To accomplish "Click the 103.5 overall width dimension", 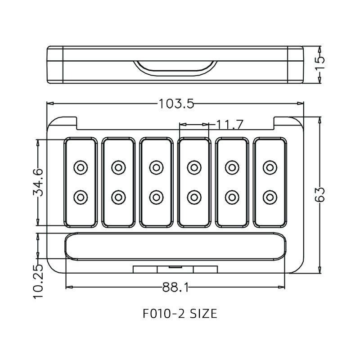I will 176,104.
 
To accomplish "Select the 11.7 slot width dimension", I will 230,125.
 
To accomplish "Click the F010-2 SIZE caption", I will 180,314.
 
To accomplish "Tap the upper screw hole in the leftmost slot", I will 81,167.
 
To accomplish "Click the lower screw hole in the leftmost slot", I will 81,197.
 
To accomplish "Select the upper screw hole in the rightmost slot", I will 269,167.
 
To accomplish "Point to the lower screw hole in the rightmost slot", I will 269,197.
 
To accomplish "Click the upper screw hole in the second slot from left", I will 118,167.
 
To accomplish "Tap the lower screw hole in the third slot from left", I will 156,197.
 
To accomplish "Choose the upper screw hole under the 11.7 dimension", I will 194,167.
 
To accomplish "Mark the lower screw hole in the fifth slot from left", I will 232,197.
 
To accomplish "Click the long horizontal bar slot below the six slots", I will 175,247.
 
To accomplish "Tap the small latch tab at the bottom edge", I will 175,269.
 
